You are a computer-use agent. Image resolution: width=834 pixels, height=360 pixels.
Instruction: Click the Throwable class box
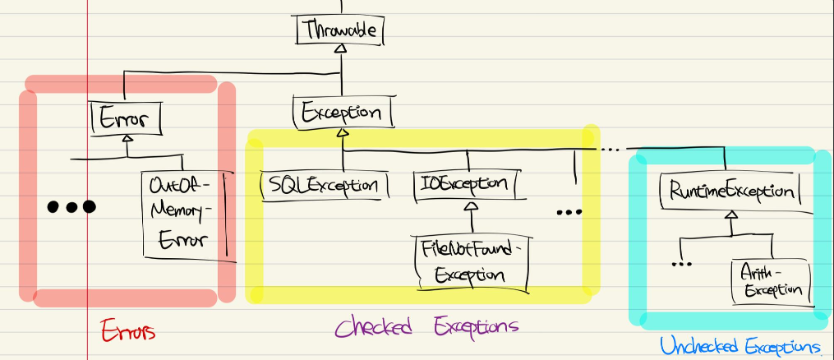tap(339, 31)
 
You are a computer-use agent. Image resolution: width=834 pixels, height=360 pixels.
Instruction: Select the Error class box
tap(125, 119)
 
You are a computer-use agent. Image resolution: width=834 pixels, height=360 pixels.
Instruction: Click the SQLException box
tap(324, 184)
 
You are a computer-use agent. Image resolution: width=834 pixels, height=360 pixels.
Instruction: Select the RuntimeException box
tap(730, 192)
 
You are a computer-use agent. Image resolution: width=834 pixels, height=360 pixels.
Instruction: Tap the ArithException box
tap(770, 279)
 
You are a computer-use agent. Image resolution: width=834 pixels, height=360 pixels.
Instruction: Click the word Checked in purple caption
tap(375, 326)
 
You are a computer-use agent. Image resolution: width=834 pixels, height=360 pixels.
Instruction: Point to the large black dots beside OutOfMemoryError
tap(71, 207)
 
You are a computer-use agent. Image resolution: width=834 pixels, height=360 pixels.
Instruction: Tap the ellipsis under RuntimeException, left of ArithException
tap(682, 263)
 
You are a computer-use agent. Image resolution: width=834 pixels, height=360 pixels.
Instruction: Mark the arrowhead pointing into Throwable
tap(339, 49)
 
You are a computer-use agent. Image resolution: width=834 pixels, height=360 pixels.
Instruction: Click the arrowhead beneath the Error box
tap(127, 141)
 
